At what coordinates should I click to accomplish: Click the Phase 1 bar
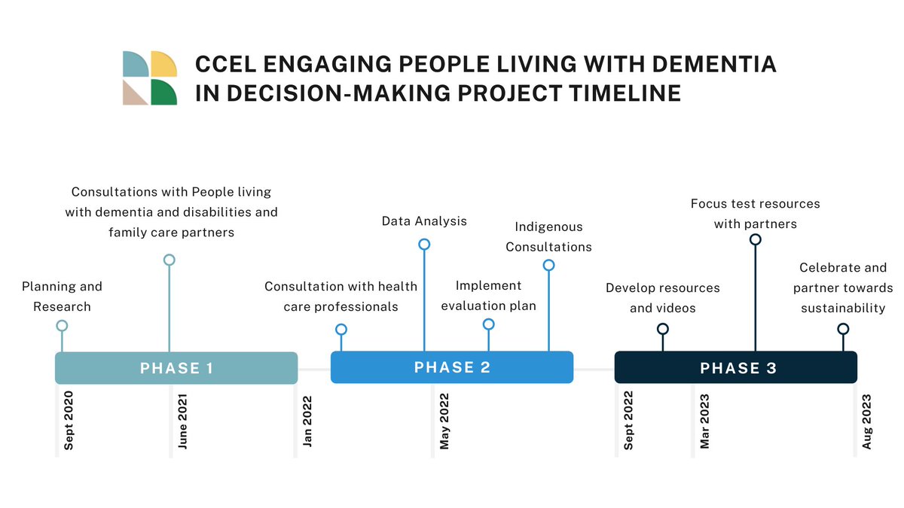(176, 368)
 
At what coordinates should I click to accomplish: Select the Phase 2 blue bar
(452, 367)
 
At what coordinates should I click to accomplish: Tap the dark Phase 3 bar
(736, 368)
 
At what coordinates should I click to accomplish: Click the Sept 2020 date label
(69, 421)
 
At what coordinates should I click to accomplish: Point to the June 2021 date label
(183, 421)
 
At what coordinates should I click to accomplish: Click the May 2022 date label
(444, 421)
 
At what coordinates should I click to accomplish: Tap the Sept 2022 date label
(629, 421)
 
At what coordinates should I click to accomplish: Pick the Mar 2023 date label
(705, 421)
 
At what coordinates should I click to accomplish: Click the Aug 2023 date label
(867, 421)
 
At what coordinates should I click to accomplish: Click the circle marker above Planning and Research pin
(62, 326)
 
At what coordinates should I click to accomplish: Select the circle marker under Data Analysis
(424, 244)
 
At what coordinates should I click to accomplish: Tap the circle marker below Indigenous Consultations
(548, 265)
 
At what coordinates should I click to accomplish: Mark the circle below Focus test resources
(755, 239)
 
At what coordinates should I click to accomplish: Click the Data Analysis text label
(424, 221)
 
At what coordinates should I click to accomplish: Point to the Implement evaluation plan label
(488, 296)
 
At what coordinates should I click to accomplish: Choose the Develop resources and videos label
(663, 298)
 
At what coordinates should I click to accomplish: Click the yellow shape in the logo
(164, 65)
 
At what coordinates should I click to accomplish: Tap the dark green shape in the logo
(164, 92)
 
